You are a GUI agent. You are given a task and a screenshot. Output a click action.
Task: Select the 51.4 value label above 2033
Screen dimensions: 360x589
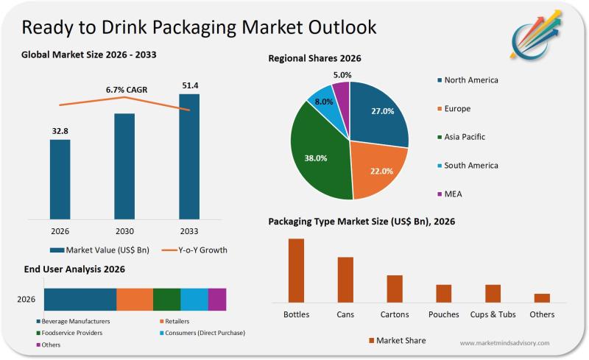190,85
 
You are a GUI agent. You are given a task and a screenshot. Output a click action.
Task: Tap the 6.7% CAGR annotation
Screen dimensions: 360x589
127,90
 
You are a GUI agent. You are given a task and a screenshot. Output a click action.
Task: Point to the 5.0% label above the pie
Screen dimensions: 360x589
341,75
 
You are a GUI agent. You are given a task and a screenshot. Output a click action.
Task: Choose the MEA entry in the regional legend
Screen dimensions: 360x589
452,194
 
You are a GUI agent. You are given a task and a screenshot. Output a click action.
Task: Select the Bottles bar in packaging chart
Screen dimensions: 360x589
296,270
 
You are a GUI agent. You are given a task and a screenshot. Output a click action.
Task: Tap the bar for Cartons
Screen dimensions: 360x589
395,289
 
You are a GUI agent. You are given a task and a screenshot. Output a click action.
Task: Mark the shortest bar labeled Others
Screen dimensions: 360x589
542,297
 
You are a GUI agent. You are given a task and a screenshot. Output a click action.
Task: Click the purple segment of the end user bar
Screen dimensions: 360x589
217,300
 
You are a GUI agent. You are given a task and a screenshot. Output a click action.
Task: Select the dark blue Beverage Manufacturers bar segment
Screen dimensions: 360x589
80,300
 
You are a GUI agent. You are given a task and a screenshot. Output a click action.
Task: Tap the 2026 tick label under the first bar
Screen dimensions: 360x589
60,229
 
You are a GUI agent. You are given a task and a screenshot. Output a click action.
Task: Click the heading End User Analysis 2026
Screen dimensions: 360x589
73,269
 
